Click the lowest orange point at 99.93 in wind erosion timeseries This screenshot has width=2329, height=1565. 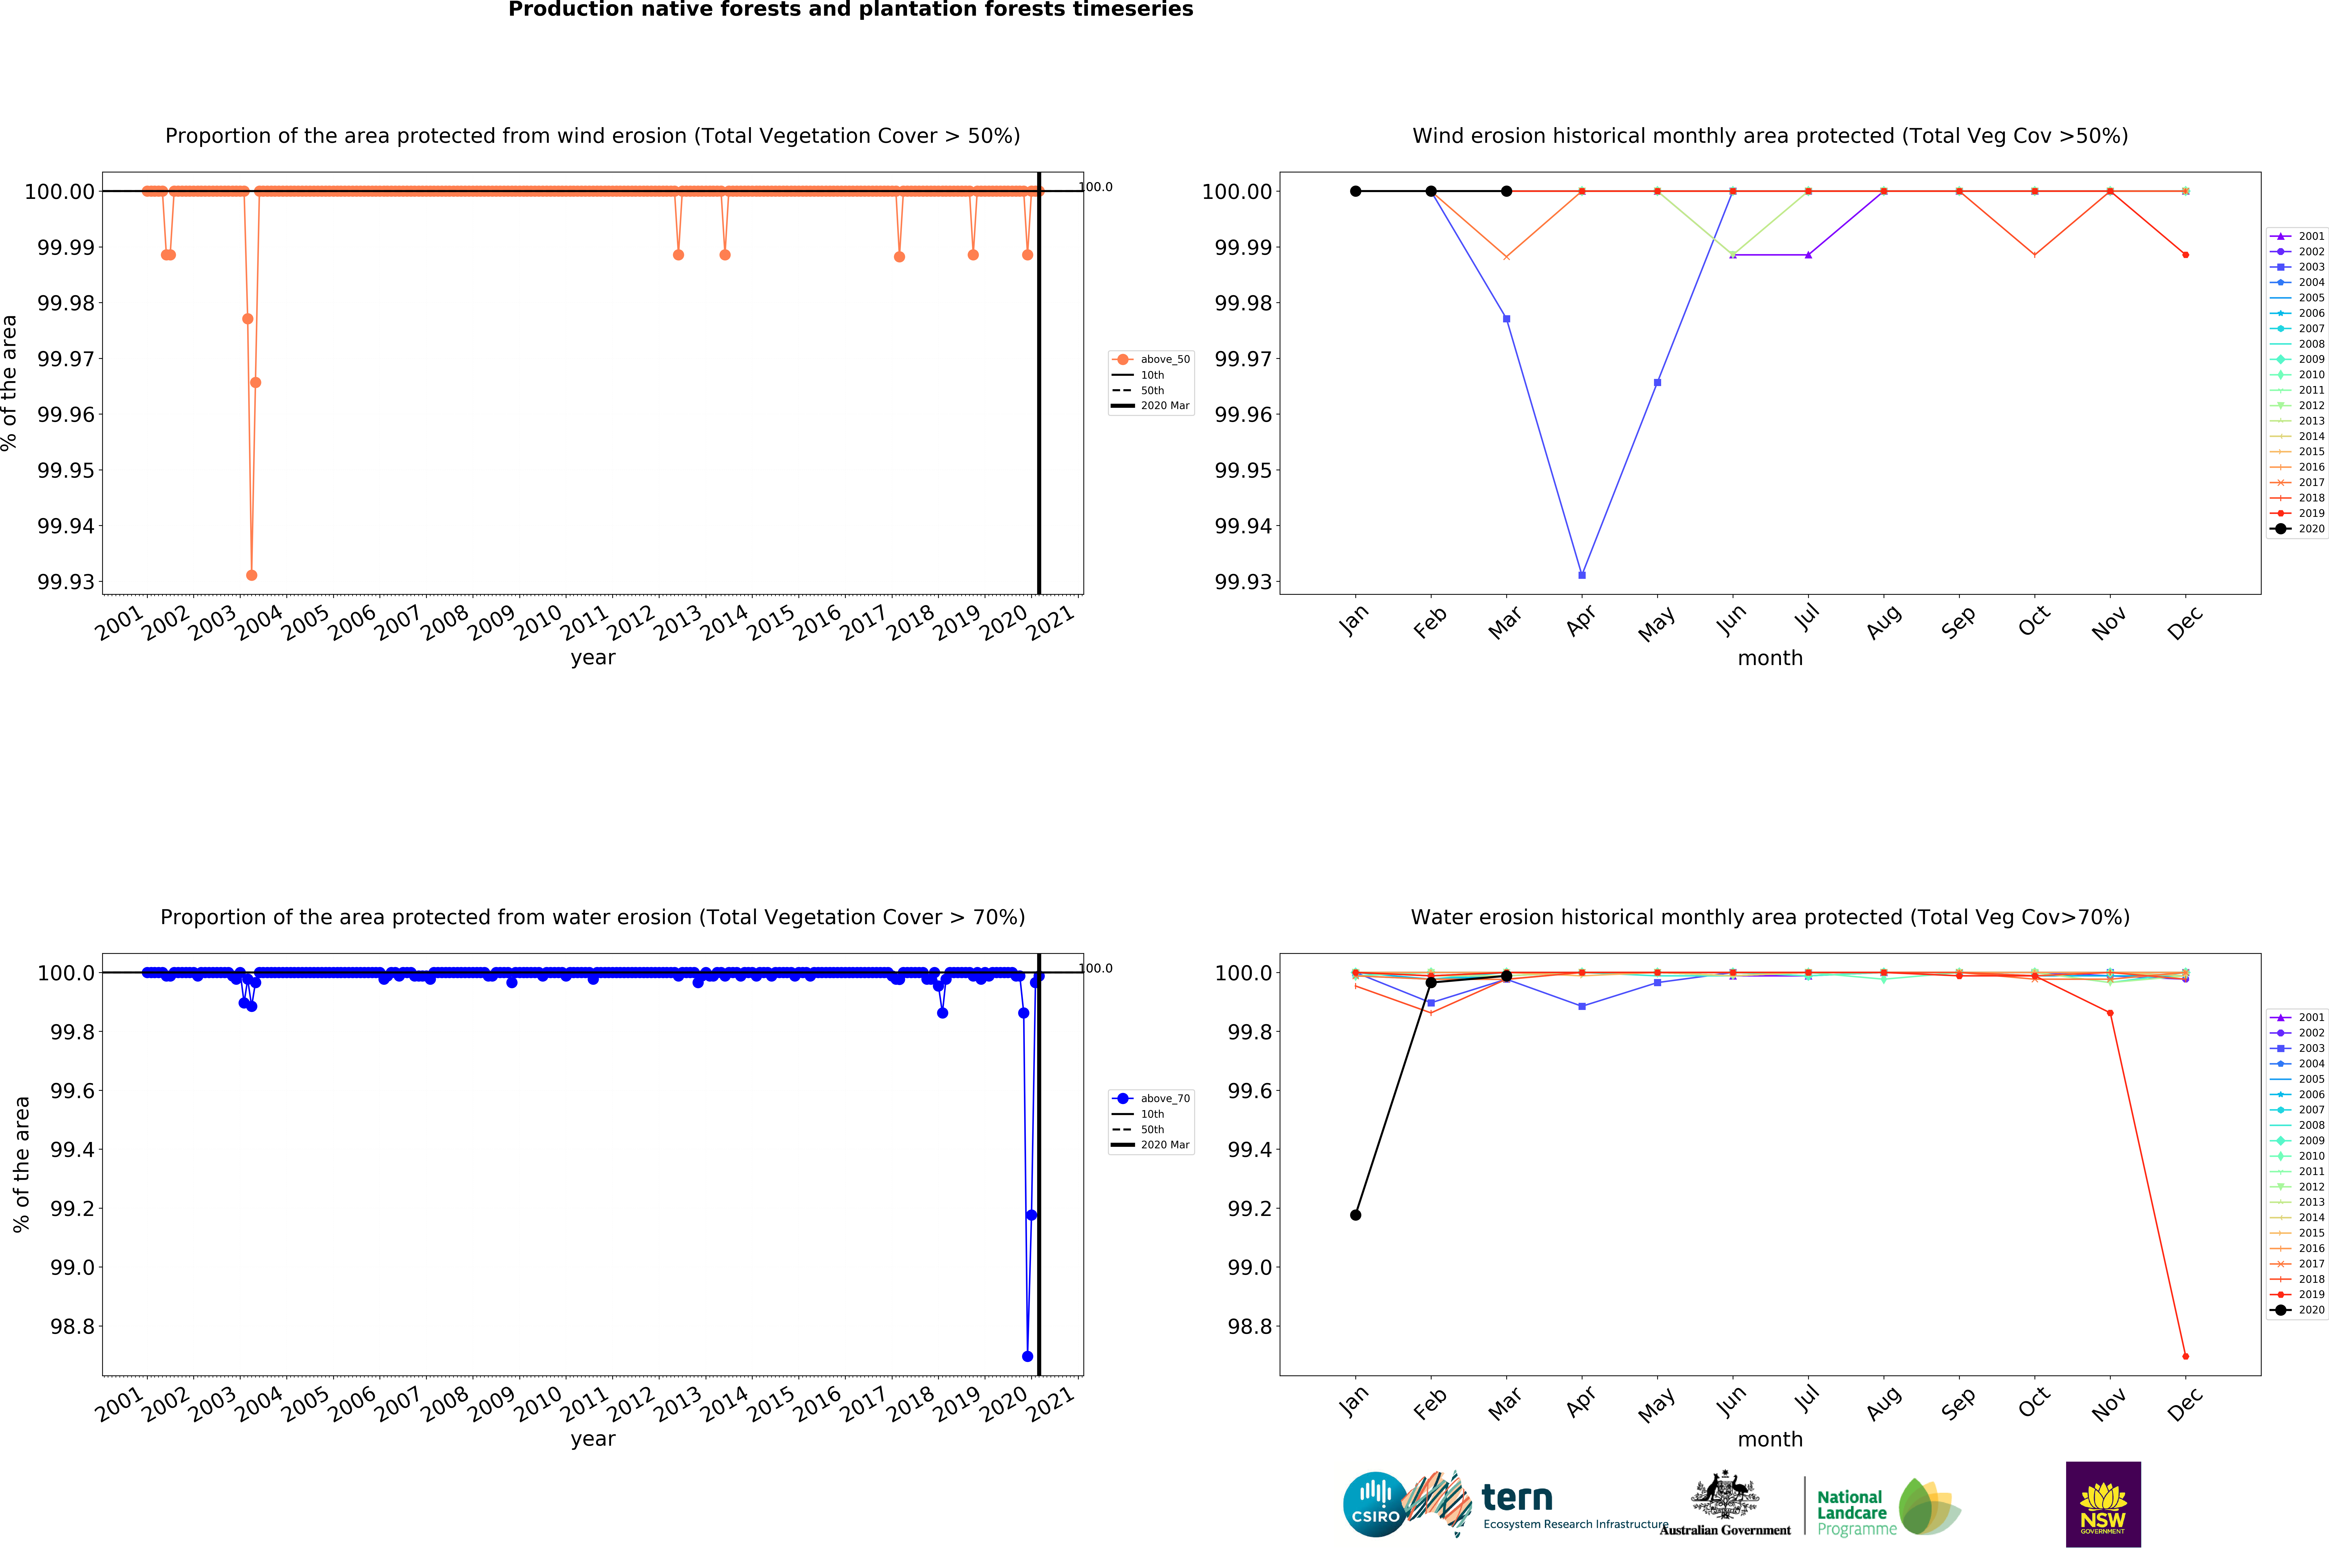tap(252, 575)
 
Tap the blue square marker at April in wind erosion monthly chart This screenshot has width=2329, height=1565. tap(1581, 575)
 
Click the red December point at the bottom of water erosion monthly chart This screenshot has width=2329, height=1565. tap(2185, 1356)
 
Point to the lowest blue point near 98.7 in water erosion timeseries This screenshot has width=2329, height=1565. tap(1027, 1356)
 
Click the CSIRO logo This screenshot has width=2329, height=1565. tap(1375, 1504)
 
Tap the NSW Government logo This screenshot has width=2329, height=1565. tap(2102, 1504)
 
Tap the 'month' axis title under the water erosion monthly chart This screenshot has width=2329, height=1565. tap(1770, 1439)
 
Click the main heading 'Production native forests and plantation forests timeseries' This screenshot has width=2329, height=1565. tap(851, 10)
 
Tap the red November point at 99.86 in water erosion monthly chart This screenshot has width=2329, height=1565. tap(2109, 1013)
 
